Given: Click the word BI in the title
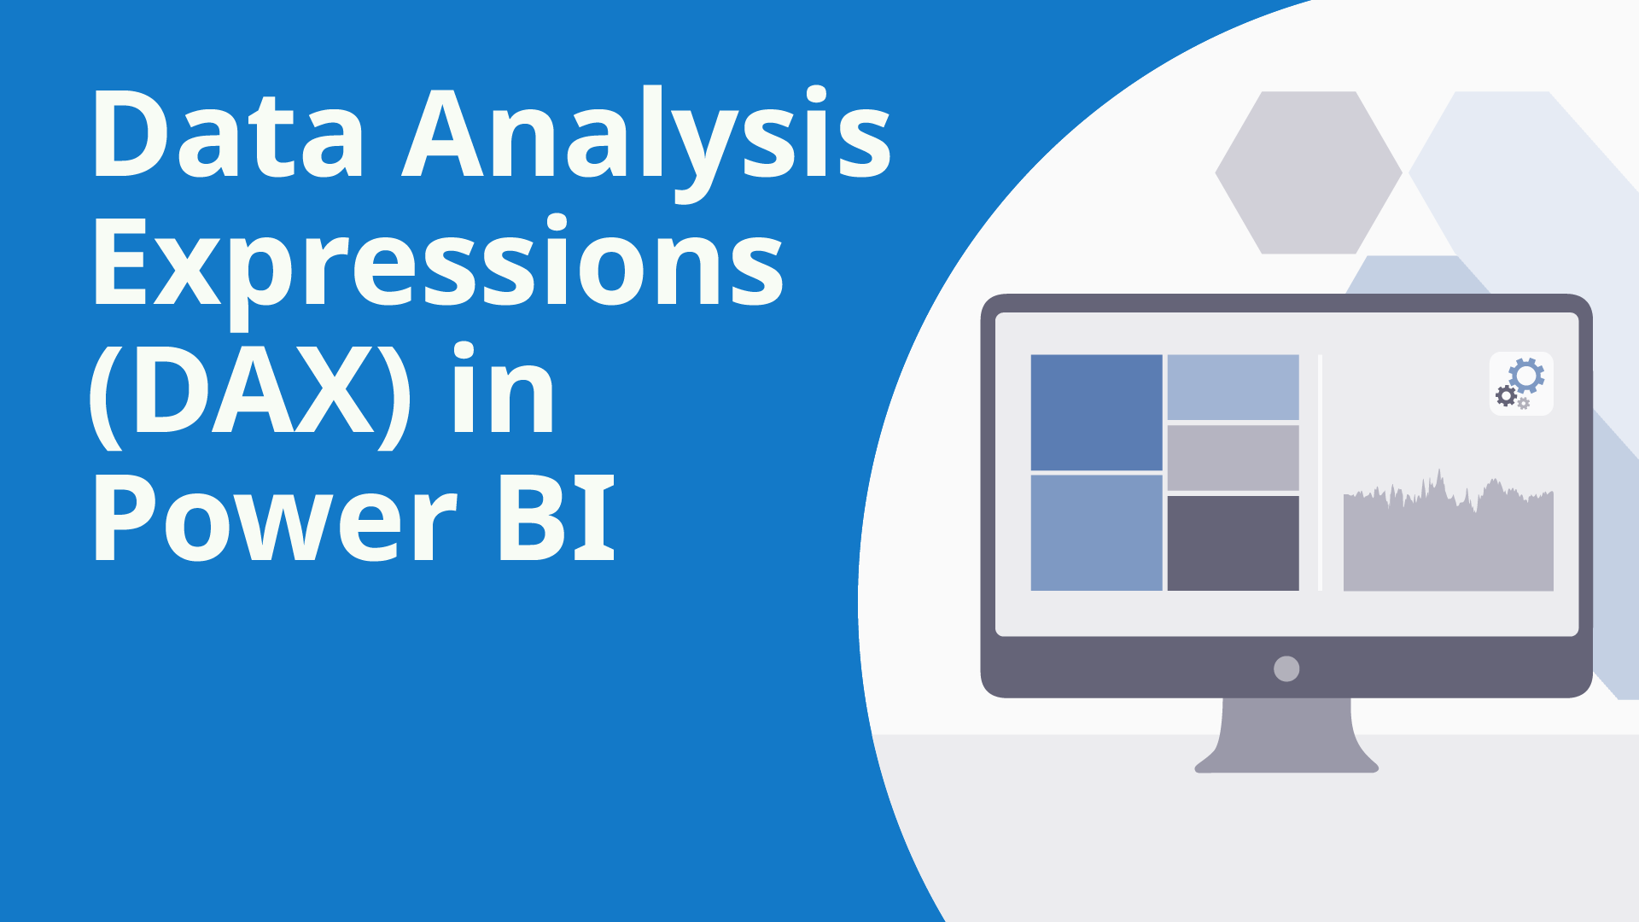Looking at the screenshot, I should click(556, 518).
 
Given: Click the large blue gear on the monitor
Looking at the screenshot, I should click(1526, 376).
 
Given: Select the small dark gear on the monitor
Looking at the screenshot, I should click(1506, 395).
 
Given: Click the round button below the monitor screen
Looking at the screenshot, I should click(1286, 668).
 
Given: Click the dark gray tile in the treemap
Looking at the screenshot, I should click(1233, 543).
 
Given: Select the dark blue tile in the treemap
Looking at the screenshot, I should click(1096, 411).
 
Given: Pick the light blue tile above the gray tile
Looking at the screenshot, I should click(1233, 387).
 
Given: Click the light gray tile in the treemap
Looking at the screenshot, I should click(1233, 458).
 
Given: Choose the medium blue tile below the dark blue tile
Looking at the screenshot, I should click(1096, 533).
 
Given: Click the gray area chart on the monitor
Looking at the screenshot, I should click(1448, 546).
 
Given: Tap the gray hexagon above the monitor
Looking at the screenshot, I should click(1308, 172).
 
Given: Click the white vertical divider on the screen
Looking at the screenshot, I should click(1320, 472).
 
